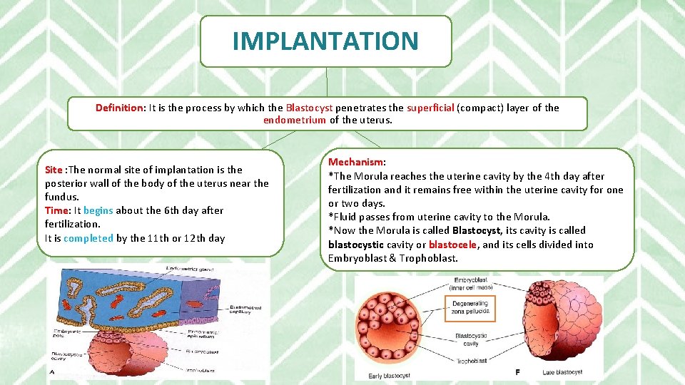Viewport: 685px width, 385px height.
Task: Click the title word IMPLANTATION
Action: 325,41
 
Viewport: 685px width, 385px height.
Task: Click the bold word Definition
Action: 120,108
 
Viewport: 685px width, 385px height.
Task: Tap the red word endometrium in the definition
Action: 295,120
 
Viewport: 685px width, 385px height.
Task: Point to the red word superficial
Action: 430,108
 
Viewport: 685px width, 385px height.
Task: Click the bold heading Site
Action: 54,170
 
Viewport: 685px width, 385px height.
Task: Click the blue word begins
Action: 98,210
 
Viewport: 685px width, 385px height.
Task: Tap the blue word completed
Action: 88,238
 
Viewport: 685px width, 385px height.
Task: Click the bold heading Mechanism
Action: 355,163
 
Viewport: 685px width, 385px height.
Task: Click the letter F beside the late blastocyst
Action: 517,372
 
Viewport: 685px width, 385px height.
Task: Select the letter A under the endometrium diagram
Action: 52,371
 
